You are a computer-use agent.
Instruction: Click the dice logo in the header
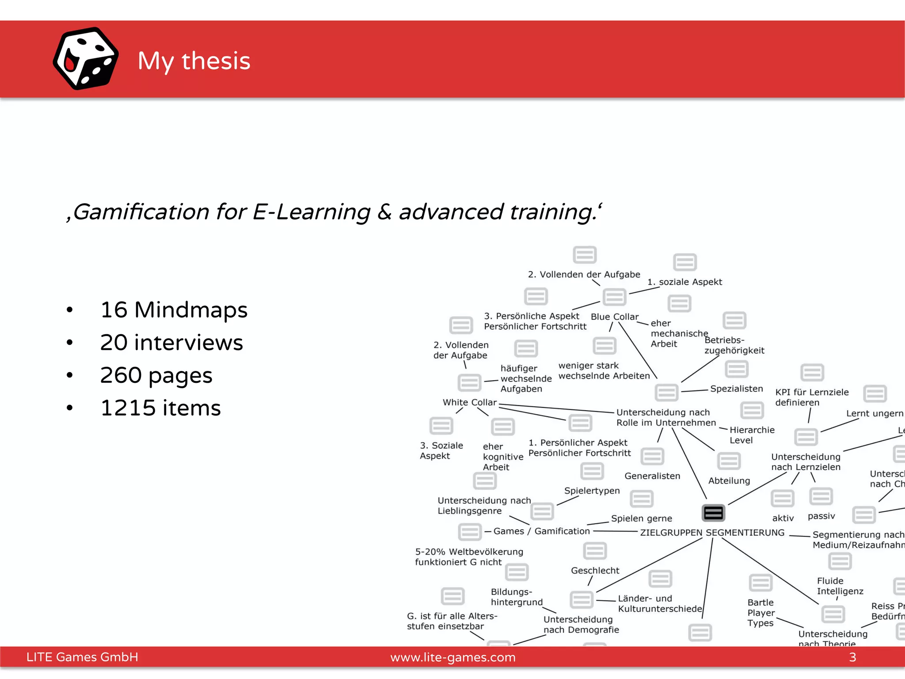tap(86, 59)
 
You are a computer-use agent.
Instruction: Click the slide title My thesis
tap(194, 61)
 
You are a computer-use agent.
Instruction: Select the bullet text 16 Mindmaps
tap(174, 309)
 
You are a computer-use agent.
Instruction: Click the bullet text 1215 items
tap(160, 408)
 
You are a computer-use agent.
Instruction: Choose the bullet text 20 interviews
tap(171, 343)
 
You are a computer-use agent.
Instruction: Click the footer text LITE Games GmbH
tap(82, 657)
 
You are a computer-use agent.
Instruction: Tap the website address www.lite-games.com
tap(453, 657)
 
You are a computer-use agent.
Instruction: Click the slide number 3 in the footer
tap(852, 657)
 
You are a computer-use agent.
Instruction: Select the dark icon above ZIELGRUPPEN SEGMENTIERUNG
tap(713, 513)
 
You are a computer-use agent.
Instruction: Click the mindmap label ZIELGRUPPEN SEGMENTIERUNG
tap(712, 533)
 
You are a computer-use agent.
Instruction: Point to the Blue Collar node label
tap(614, 317)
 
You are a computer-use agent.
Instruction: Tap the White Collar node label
tap(470, 402)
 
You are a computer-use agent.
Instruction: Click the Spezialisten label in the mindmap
tap(737, 389)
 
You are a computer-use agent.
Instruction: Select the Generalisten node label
tap(652, 476)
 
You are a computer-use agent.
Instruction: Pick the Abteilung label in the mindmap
tap(729, 481)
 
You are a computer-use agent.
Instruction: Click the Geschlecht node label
tap(595, 571)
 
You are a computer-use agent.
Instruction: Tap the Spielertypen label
tap(592, 491)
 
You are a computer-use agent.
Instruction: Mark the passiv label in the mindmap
tap(821, 516)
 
